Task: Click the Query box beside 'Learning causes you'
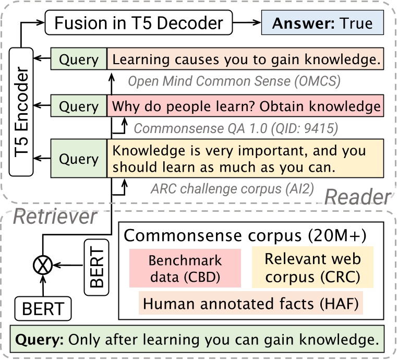click(79, 59)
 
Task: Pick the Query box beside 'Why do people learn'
click(79, 106)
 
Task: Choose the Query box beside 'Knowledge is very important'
click(79, 159)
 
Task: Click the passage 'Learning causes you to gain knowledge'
click(245, 59)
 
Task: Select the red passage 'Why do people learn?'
click(245, 106)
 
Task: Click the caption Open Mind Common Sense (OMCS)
click(234, 81)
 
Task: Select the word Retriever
click(55, 217)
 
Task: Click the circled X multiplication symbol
click(41, 266)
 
